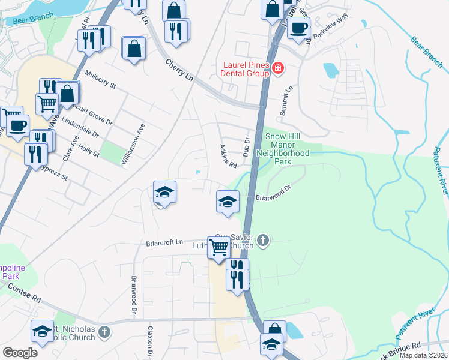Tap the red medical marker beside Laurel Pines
click(x=277, y=68)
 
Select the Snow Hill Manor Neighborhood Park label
click(x=282, y=149)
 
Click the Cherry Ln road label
click(x=181, y=70)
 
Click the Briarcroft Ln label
click(x=164, y=242)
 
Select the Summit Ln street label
click(x=286, y=100)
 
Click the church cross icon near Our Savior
click(x=262, y=241)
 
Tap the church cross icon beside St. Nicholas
click(x=104, y=331)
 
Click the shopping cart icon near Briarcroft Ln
click(x=219, y=246)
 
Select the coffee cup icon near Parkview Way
click(x=298, y=27)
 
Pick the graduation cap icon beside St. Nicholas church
click(x=42, y=331)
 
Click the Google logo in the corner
click(x=20, y=353)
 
